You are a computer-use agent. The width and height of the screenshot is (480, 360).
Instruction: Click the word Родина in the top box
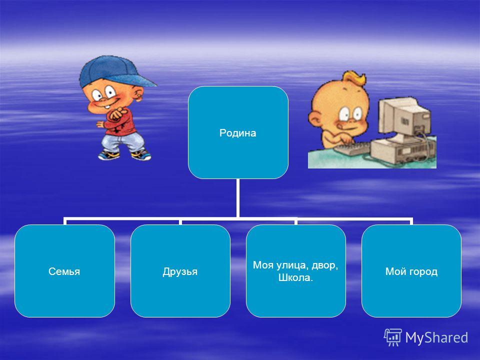pyautogui.click(x=238, y=133)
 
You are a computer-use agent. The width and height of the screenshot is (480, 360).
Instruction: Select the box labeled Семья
pyautogui.click(x=64, y=271)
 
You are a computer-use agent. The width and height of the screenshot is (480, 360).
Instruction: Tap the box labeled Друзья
pyautogui.click(x=180, y=271)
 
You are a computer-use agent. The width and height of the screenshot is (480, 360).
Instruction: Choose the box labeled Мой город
pyautogui.click(x=411, y=271)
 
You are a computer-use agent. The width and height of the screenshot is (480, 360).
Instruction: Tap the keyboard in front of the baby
pyautogui.click(x=352, y=148)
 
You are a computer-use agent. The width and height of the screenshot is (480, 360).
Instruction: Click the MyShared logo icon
pyautogui.click(x=393, y=337)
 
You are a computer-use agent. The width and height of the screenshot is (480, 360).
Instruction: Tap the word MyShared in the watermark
pyautogui.click(x=436, y=337)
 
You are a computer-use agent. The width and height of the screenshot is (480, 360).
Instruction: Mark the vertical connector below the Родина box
pyautogui.click(x=237, y=198)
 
